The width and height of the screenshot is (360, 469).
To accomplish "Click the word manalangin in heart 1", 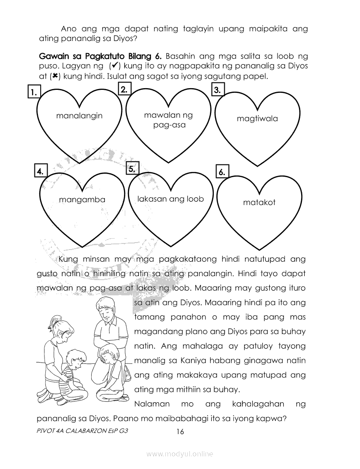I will click(79, 116).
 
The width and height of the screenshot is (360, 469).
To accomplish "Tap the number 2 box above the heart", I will click(124, 89).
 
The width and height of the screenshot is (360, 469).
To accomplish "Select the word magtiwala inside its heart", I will click(257, 119).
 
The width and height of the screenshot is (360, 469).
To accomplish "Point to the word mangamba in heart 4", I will click(82, 199).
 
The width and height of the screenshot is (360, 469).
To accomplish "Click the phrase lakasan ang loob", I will click(170, 199).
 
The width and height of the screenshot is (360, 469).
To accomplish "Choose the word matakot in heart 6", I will click(259, 202).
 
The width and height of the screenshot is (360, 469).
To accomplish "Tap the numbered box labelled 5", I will click(132, 169).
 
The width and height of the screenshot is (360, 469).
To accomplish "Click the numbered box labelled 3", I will click(217, 90).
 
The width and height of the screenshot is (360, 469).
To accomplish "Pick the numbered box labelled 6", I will click(222, 172).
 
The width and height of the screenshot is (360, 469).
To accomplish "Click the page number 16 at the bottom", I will click(180, 432).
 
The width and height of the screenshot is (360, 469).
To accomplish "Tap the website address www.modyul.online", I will click(180, 454).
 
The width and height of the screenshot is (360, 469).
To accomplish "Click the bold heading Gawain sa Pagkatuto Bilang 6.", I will click(100, 57).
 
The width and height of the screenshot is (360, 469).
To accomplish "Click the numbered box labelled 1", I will click(33, 92).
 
